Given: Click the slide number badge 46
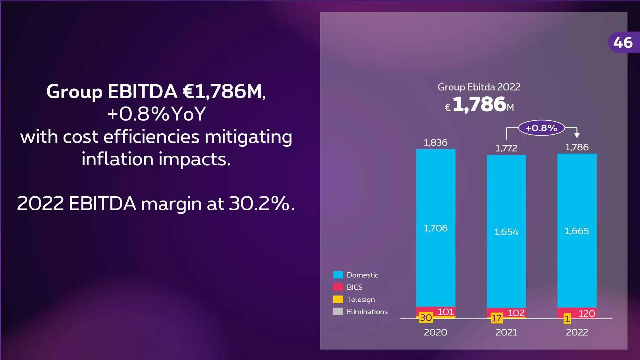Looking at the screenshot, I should (623, 43).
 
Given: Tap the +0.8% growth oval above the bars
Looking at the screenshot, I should (541, 128).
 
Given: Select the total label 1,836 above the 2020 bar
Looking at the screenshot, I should (435, 143).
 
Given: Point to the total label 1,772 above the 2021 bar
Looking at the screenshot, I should (506, 148).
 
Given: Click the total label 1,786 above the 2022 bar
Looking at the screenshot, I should (577, 147).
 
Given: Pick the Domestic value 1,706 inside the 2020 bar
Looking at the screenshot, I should (435, 228).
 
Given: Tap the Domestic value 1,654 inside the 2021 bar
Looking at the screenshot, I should (506, 232).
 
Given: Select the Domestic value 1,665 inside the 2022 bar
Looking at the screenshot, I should (577, 231).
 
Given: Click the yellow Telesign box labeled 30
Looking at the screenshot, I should (426, 318).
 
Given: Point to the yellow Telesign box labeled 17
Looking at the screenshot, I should (496, 318).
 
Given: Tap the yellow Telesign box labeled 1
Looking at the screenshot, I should (567, 319).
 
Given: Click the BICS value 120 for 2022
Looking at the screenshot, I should (587, 314).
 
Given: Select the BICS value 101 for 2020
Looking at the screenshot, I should (446, 312).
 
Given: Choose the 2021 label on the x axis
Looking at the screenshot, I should (506, 332).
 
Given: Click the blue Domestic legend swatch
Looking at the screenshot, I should (338, 275).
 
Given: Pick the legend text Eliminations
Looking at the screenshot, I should (367, 312).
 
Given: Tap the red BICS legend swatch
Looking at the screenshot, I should (338, 287).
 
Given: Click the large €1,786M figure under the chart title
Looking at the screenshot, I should (479, 104).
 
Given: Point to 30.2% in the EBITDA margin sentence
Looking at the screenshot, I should (259, 203).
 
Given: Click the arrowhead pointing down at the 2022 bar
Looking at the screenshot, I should (577, 135).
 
